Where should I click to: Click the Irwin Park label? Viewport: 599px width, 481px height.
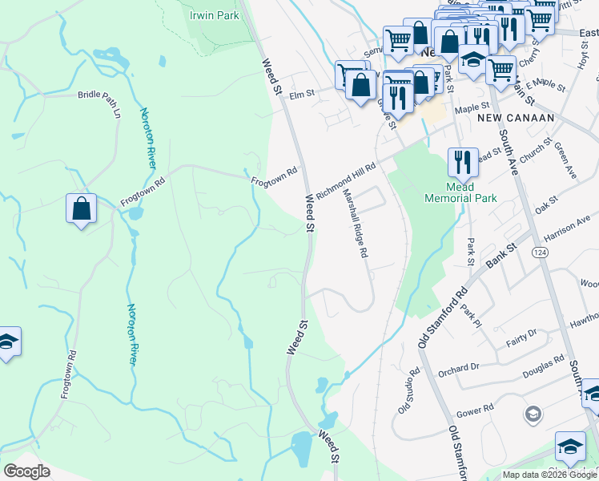[x=214, y=15]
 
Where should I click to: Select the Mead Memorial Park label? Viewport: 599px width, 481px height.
[x=460, y=192]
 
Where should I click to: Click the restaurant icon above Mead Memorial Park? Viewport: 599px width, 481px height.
[x=462, y=161]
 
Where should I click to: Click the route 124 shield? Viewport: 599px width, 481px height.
[x=537, y=252]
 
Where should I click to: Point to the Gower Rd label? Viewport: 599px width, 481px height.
[x=477, y=410]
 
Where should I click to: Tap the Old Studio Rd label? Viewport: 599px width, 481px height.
[x=408, y=391]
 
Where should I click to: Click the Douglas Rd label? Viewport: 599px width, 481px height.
[x=544, y=366]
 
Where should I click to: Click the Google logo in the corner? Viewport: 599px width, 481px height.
[x=26, y=471]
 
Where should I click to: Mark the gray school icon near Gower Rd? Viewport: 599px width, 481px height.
[x=532, y=414]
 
